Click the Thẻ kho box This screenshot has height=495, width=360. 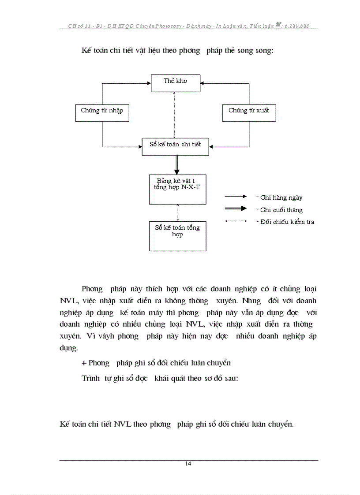175,83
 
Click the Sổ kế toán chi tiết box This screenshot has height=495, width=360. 176,146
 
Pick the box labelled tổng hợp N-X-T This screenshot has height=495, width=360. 177,189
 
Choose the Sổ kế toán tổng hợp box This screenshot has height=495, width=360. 177,236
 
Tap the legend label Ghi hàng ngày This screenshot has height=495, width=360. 281,198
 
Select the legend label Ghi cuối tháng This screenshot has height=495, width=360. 281,210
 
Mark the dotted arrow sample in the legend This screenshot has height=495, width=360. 236,221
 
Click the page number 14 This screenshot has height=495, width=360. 188,463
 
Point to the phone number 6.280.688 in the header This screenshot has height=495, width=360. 296,26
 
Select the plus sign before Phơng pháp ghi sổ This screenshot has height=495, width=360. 84,363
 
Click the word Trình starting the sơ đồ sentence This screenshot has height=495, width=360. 90,378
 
